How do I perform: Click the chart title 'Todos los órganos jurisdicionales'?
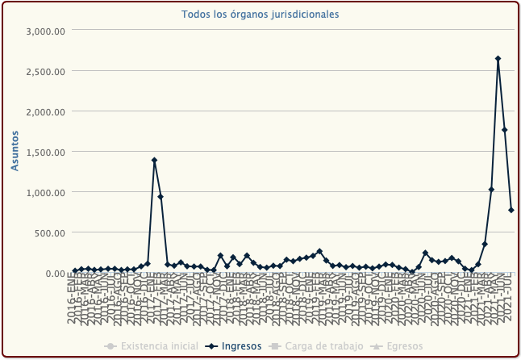[260, 15]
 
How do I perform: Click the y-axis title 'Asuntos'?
[15, 152]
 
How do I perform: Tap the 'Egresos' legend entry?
[399, 346]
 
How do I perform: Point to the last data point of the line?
[511, 210]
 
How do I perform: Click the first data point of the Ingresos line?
[75, 270]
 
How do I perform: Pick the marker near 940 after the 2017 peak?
[160, 197]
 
